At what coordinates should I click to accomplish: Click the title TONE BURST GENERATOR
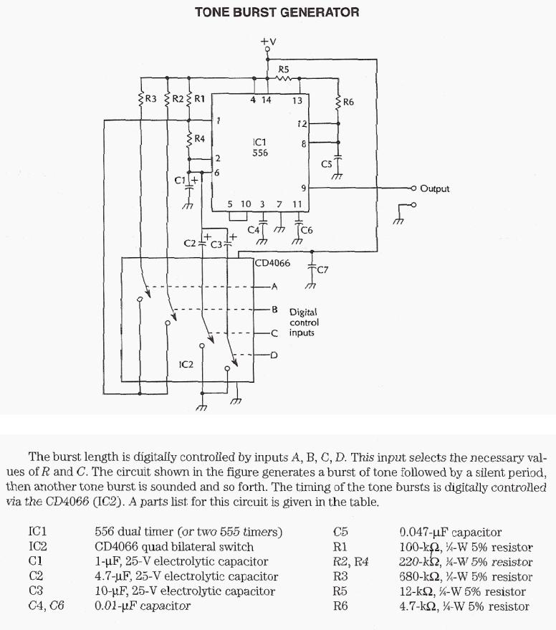[277, 12]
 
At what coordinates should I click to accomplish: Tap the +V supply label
[267, 42]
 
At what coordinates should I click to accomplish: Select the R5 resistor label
[284, 70]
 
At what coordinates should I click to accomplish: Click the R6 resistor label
[348, 102]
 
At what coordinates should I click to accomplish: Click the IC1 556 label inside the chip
[259, 147]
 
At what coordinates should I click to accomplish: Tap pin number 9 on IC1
[304, 188]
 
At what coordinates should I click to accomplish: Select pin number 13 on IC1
[297, 101]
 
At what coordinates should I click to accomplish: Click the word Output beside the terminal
[435, 189]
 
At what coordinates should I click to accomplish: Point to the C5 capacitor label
[327, 164]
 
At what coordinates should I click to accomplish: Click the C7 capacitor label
[322, 270]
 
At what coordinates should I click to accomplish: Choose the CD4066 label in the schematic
[273, 263]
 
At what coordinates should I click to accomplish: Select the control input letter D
[274, 355]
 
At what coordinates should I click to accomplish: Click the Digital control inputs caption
[304, 323]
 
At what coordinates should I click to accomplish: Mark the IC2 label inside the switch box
[186, 365]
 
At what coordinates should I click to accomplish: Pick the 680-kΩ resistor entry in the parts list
[466, 577]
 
